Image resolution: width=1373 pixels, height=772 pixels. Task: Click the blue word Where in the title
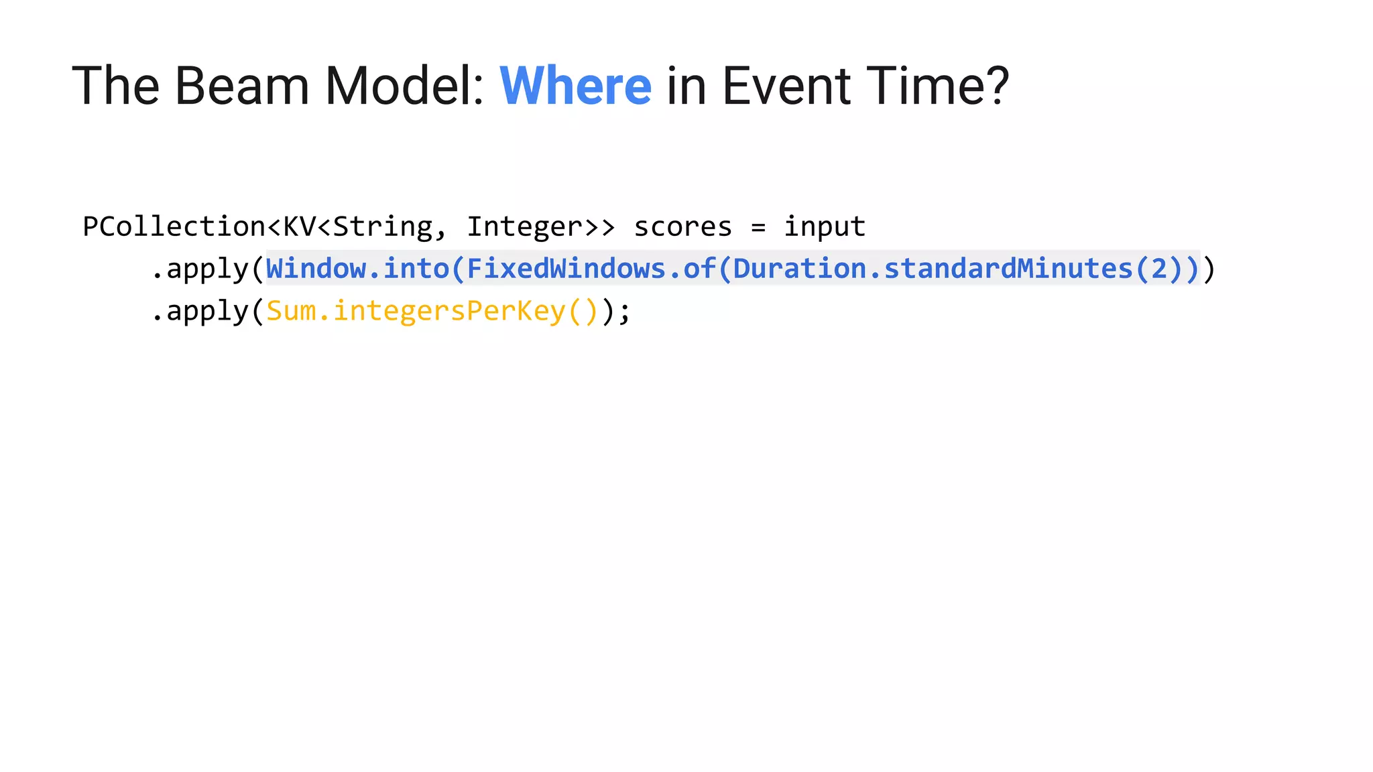point(575,86)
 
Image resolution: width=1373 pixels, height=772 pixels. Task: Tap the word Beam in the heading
point(242,86)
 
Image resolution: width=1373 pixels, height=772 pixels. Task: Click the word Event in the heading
point(786,86)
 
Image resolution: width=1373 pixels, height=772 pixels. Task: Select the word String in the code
point(383,227)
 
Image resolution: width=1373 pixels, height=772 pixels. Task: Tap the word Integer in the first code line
point(524,227)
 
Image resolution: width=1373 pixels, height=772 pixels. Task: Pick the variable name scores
point(682,227)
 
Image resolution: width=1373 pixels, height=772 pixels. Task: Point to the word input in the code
point(825,227)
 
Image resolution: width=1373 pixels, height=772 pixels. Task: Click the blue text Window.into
point(357,269)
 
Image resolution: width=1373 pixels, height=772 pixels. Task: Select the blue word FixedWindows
point(566,269)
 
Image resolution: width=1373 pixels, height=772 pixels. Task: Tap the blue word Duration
point(799,269)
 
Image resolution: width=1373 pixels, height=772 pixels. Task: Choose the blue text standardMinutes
point(1008,269)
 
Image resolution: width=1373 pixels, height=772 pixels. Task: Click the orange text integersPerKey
point(449,311)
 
